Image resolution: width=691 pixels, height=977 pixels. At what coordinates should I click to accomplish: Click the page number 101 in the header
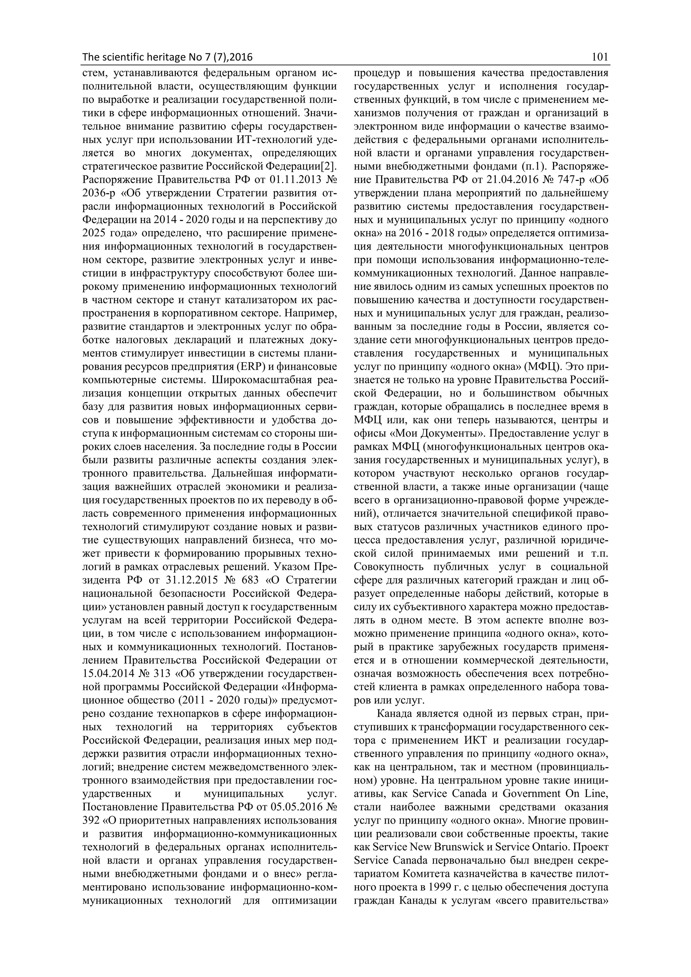click(600, 57)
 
